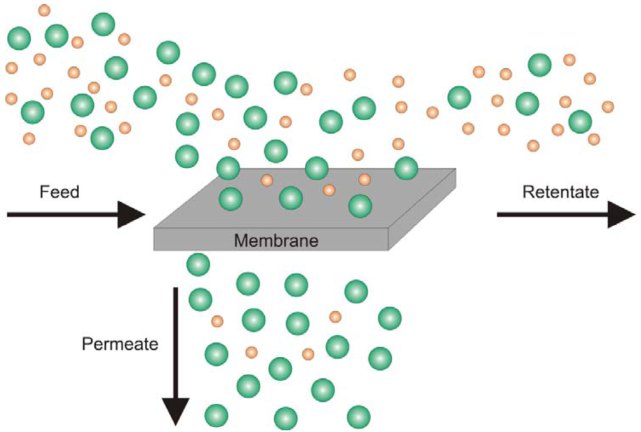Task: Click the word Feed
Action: pos(59,192)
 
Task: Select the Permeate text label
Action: pos(120,344)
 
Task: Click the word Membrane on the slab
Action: pos(276,240)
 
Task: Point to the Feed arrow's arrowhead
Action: pos(132,215)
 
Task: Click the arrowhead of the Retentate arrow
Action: pos(622,215)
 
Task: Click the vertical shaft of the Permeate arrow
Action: pos(175,338)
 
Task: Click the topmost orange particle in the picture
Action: pos(44,10)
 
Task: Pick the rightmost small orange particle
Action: pos(608,106)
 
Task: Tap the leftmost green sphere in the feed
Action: pos(19,39)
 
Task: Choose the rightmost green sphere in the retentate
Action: pos(580,121)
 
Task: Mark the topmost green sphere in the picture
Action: pos(103,24)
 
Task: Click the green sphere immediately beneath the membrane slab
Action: pos(198,264)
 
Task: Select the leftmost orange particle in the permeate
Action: pos(217,321)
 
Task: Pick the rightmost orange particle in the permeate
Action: pos(336,317)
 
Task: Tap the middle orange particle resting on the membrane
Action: pos(329,190)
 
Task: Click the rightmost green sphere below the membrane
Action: pos(389,318)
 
